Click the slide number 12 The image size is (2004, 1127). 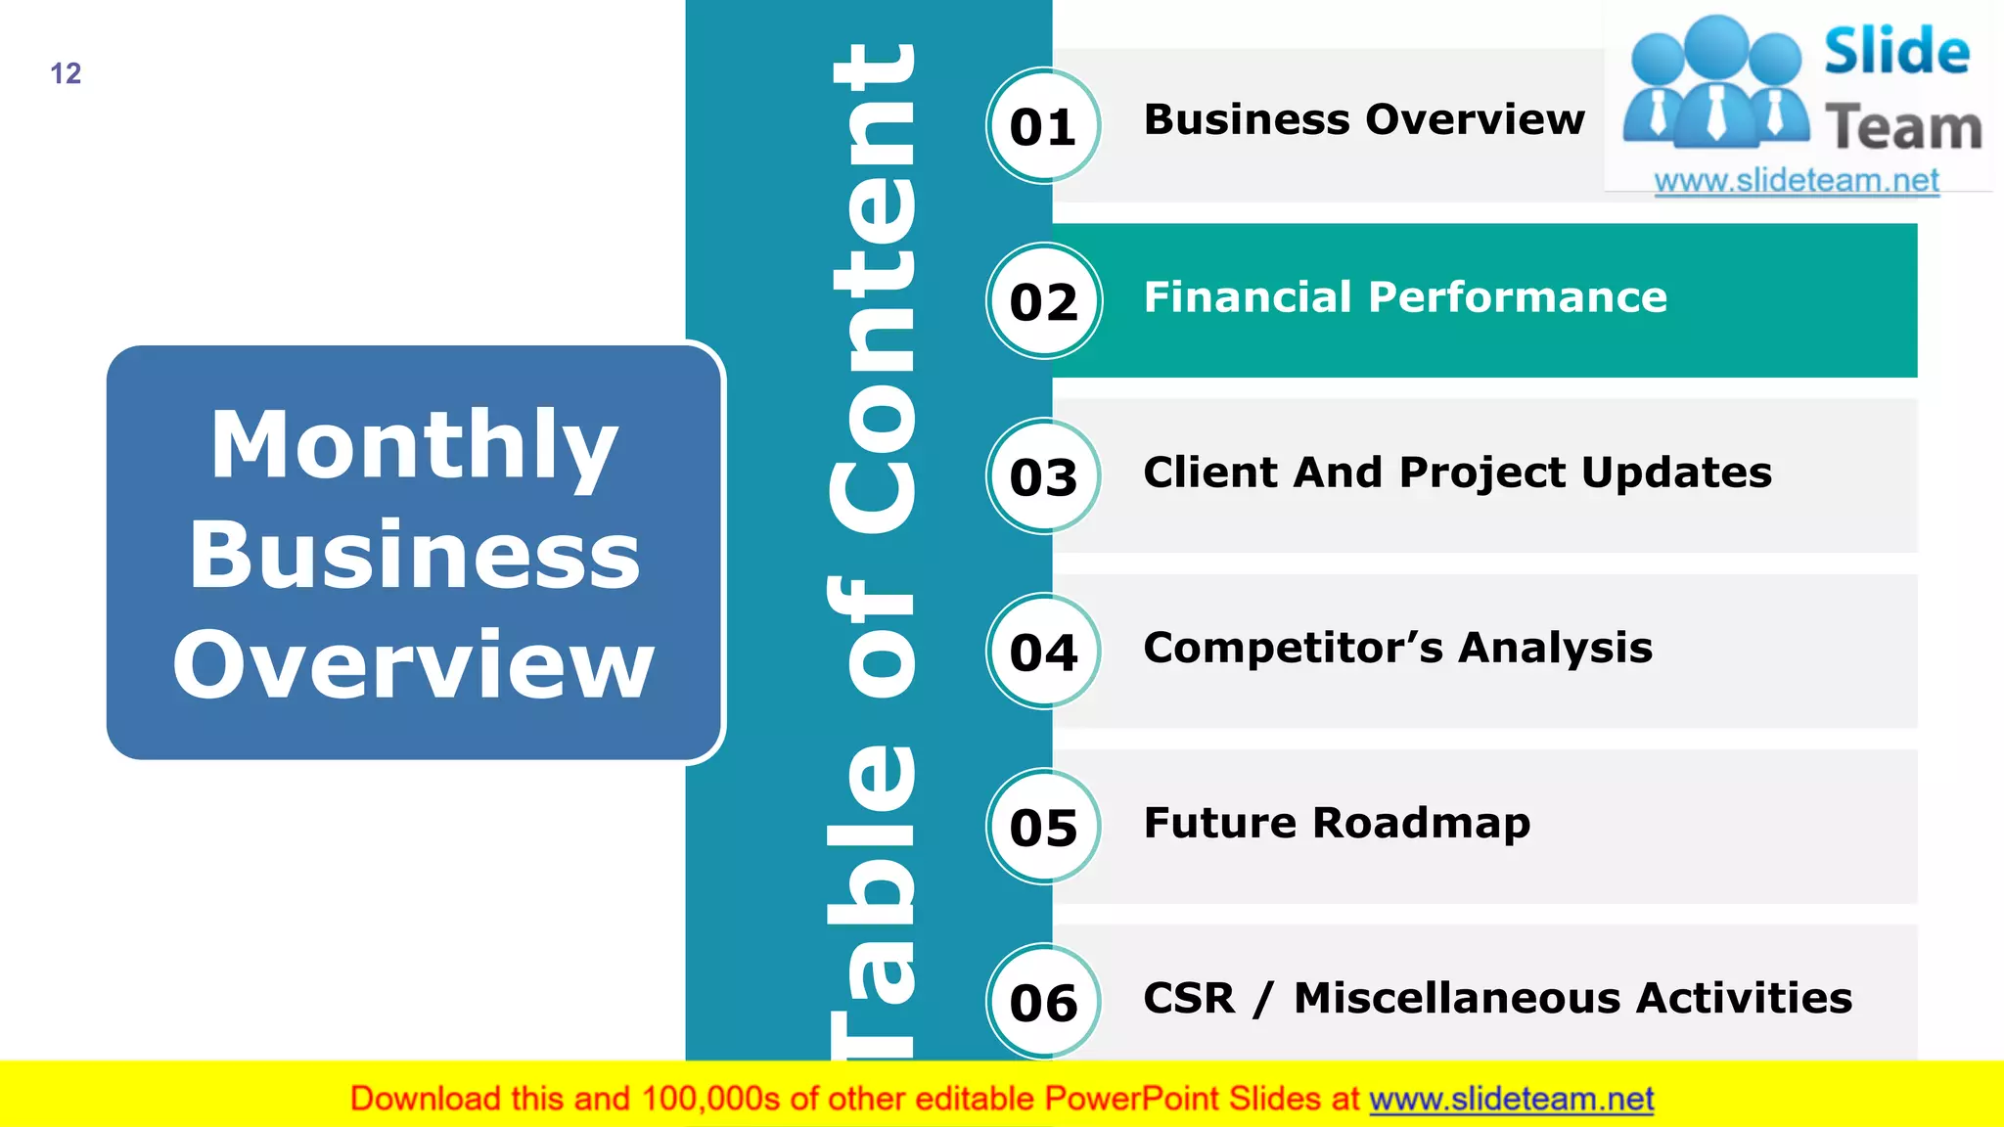coord(66,73)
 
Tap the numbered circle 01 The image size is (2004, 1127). coord(1043,126)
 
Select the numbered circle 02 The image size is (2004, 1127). coord(1043,301)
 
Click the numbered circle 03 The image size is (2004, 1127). coord(1043,476)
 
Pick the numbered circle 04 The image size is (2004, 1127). coord(1043,652)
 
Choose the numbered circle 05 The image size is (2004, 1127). coord(1043,827)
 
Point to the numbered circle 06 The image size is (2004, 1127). coord(1043,1002)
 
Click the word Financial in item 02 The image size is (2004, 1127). coord(1248,296)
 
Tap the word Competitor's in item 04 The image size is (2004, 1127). coord(1293,648)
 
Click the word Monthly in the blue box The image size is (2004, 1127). coord(415,446)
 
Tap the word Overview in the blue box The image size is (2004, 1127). coord(415,665)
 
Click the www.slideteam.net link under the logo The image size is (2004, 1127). coord(1797,181)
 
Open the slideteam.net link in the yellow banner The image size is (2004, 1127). coord(1511,1100)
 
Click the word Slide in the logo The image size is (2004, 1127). coord(1896,51)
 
